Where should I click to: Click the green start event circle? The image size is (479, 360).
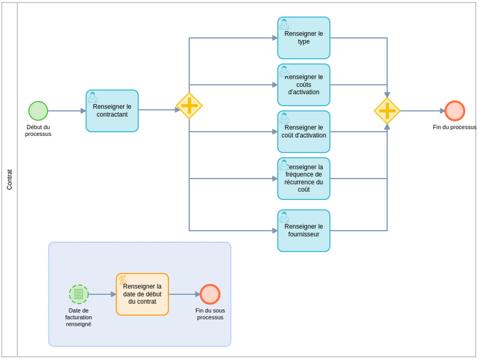38,110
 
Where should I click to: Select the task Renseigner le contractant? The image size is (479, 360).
112,111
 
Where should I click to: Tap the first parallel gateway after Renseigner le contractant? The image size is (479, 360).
189,106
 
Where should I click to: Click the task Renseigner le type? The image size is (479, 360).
303,38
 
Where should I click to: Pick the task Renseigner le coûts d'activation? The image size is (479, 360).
303,85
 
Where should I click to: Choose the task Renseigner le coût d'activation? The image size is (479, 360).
303,132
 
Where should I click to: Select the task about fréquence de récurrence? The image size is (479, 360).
303,179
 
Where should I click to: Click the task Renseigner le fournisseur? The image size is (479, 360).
303,231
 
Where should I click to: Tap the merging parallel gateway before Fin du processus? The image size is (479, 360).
387,111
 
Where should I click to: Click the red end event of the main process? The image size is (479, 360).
454,110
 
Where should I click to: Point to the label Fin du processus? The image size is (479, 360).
454,127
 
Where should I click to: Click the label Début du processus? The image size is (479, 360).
38,130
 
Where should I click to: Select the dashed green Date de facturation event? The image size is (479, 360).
79,294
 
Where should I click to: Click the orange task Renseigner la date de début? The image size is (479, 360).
142,295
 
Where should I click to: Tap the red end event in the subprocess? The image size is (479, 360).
210,294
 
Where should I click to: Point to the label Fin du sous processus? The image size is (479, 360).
210,314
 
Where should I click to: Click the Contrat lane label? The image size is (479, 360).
10,180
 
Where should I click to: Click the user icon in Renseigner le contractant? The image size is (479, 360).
93,97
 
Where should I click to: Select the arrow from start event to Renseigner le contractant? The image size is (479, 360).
67,111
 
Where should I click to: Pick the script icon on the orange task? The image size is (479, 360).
122,279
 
